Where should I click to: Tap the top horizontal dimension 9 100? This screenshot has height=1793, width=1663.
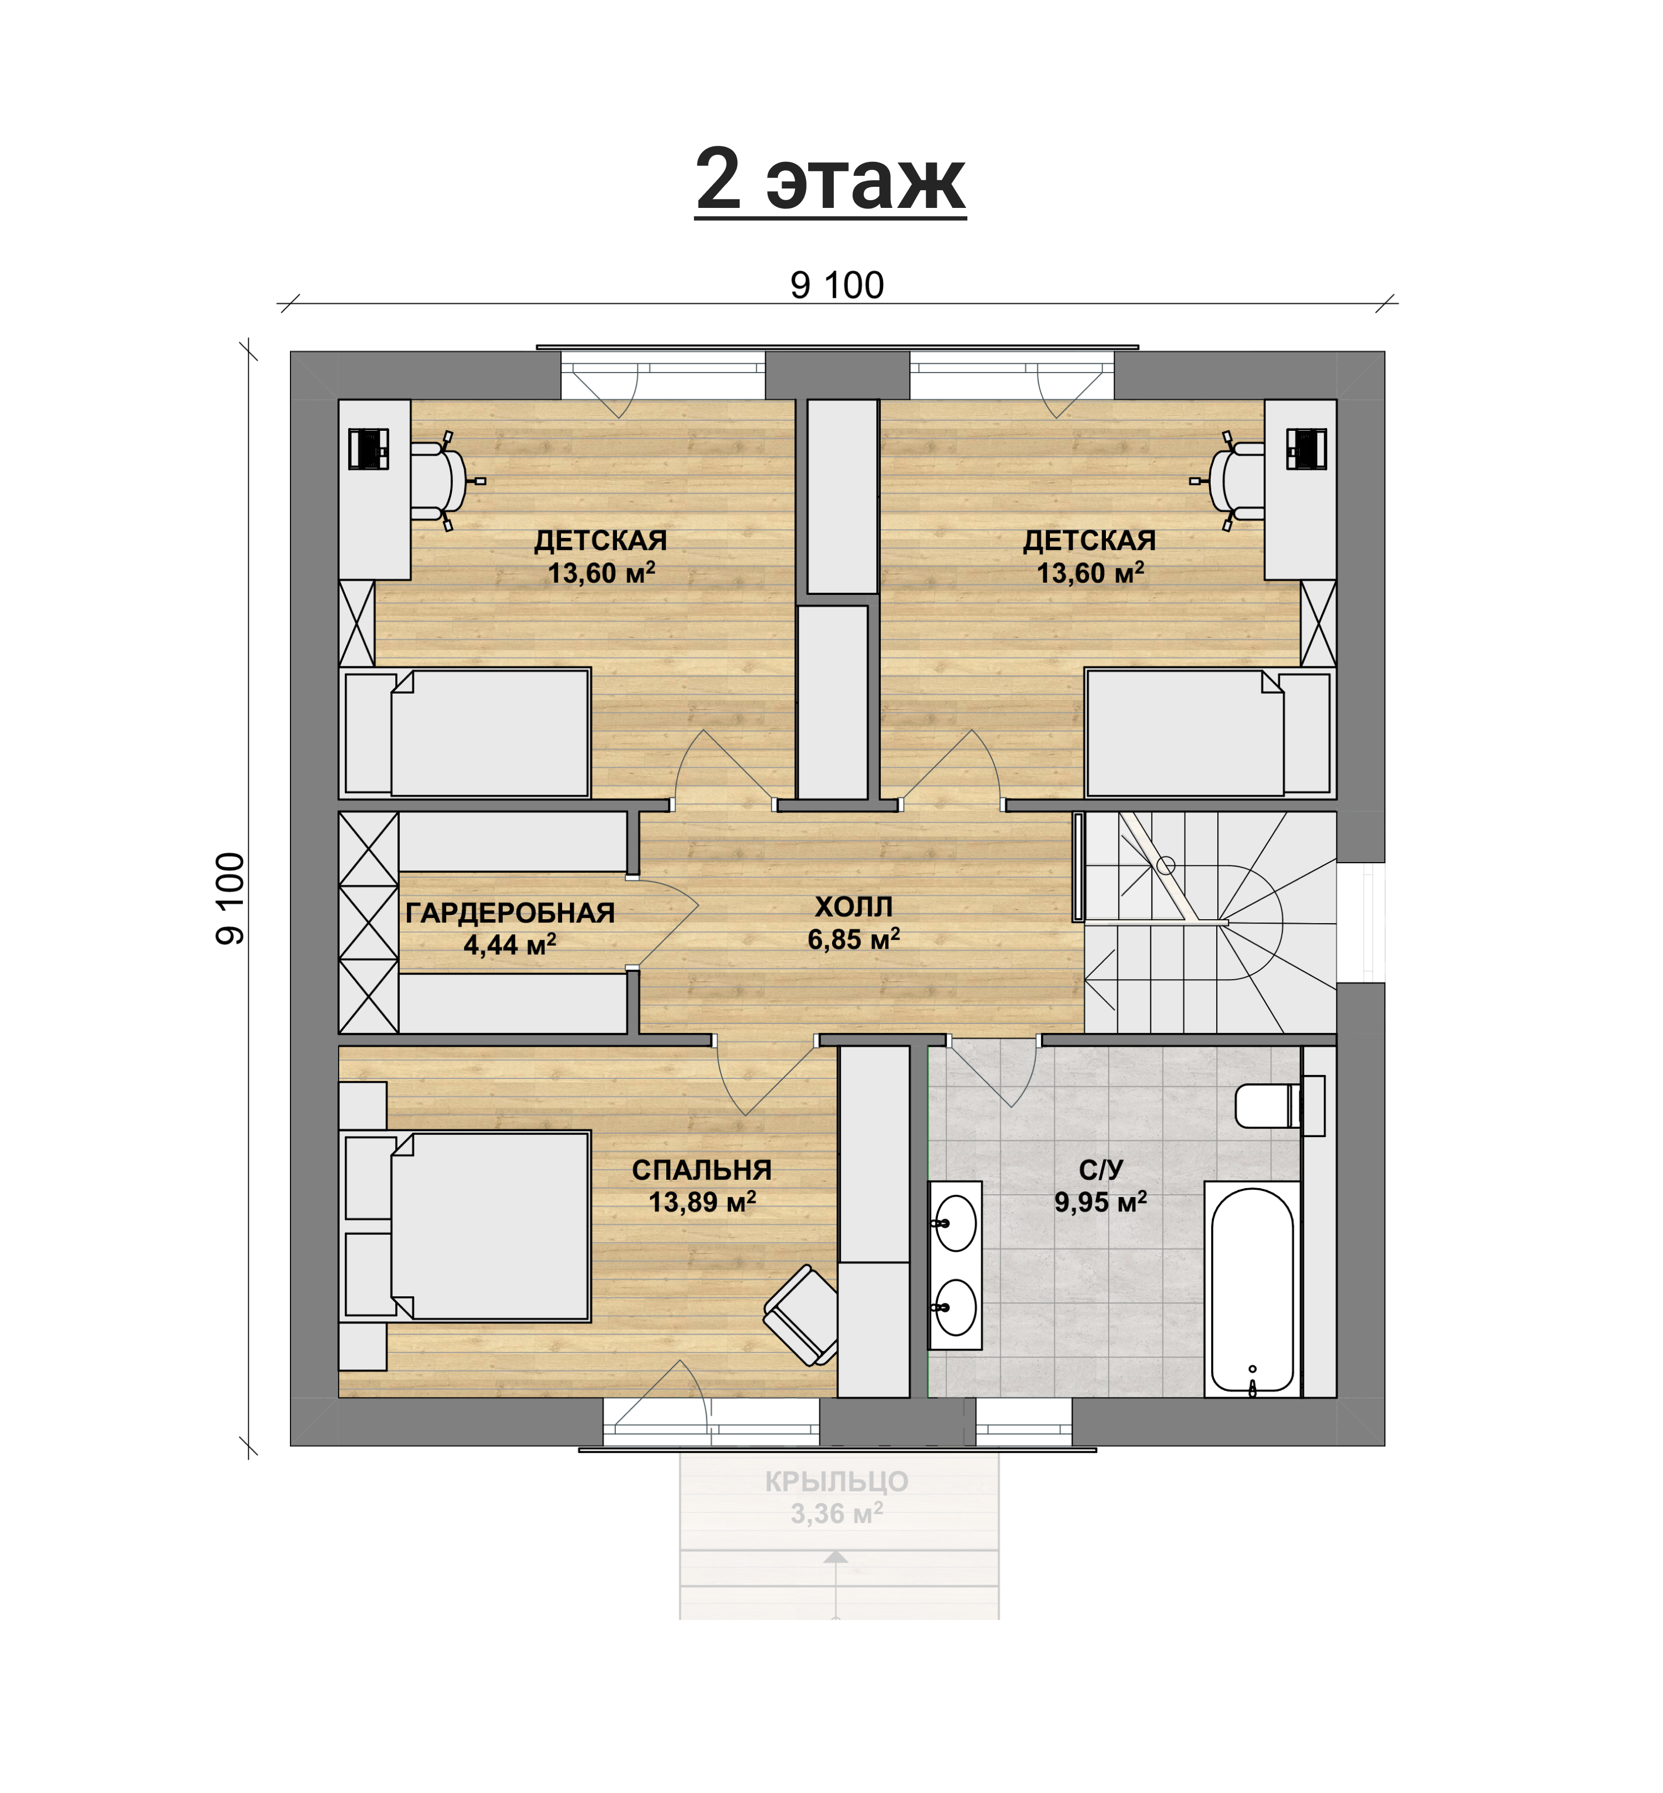(837, 286)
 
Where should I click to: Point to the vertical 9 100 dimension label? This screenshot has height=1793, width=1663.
(231, 898)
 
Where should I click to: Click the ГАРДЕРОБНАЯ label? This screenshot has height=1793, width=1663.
(510, 913)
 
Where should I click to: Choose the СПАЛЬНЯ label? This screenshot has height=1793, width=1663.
(702, 1170)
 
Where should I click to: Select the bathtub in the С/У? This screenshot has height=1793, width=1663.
(1252, 1289)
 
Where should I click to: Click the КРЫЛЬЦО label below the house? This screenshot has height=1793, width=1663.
(837, 1481)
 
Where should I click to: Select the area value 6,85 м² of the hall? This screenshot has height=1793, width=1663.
(853, 939)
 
